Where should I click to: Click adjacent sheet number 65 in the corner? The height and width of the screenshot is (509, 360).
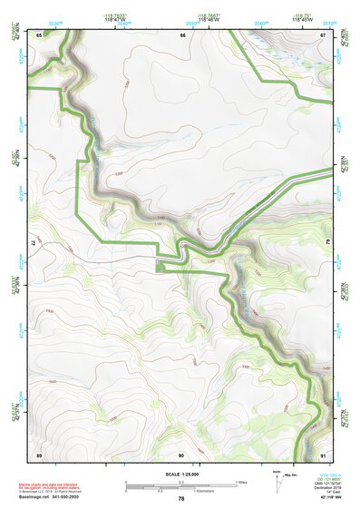(39, 35)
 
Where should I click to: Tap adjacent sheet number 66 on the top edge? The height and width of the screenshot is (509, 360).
(182, 35)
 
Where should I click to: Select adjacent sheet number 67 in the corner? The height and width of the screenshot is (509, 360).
(324, 35)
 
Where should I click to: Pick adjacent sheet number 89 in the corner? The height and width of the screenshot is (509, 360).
(39, 453)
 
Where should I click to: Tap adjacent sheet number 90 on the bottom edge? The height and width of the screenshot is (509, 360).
(181, 453)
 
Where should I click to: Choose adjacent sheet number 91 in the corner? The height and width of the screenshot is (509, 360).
(324, 453)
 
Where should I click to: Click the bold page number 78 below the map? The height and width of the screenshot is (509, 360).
(181, 498)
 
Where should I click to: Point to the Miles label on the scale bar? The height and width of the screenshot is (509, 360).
(241, 482)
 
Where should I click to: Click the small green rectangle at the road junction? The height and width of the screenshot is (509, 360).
(161, 266)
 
